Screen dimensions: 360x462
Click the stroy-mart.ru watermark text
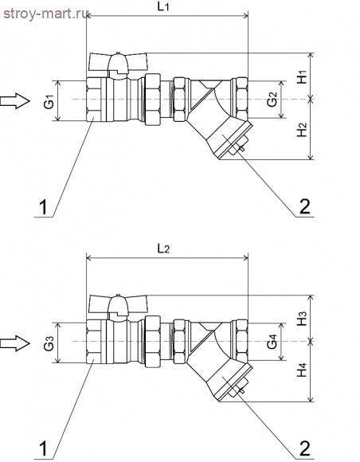[x=46, y=14]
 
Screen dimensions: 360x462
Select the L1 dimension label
[x=163, y=7]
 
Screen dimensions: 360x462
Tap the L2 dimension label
[x=163, y=249]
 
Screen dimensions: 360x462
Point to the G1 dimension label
[x=49, y=101]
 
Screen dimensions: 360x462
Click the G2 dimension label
[x=272, y=100]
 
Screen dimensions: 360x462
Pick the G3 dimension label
[x=49, y=343]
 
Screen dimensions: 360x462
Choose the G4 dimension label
[x=272, y=342]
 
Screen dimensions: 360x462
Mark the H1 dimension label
[x=302, y=76]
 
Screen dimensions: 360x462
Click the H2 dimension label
[x=302, y=130]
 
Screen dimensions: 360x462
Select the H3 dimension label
[x=302, y=319]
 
